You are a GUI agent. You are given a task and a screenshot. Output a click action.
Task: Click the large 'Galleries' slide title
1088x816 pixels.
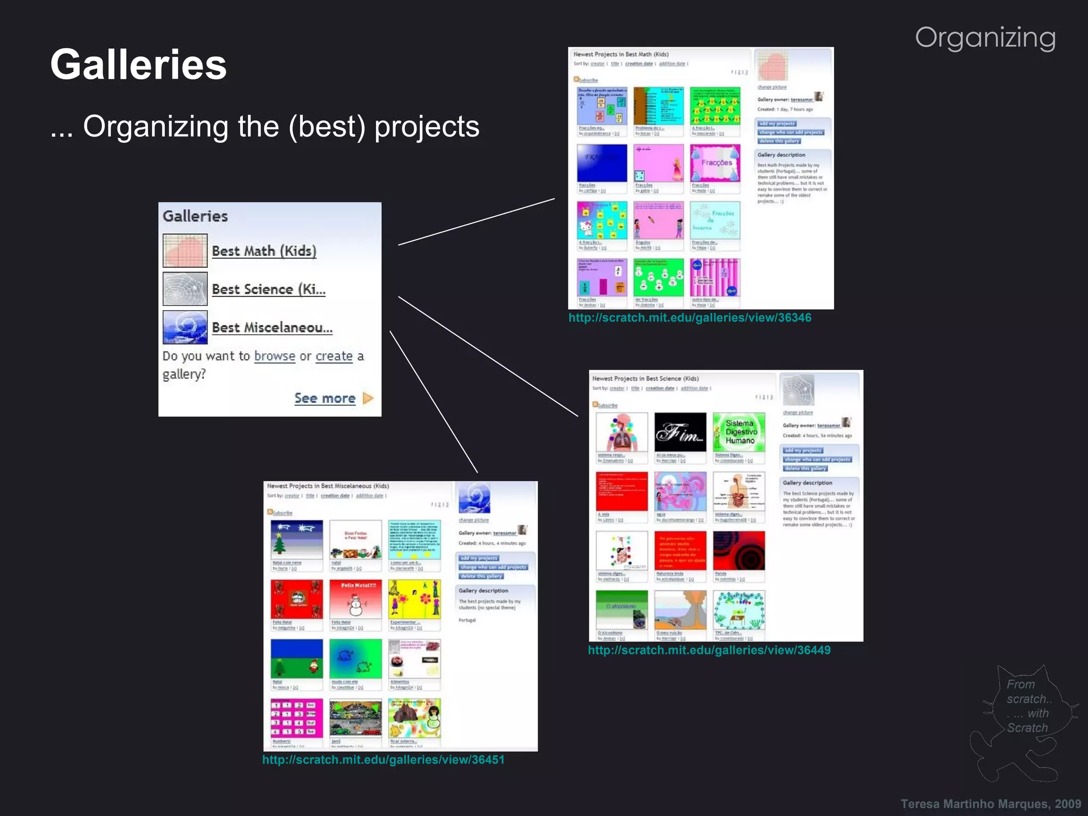tap(138, 65)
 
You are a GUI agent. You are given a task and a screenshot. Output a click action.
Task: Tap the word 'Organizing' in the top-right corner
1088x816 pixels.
tap(985, 38)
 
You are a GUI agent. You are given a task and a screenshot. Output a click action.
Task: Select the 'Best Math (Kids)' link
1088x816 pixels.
tap(264, 251)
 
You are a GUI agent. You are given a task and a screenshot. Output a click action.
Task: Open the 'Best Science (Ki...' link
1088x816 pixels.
tap(268, 290)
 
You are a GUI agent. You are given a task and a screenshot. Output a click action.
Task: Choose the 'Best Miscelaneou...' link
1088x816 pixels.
tap(272, 328)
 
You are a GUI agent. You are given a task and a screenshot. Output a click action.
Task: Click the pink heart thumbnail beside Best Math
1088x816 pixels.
tap(185, 250)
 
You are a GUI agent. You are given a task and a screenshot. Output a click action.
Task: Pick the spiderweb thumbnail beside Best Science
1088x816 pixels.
tap(185, 289)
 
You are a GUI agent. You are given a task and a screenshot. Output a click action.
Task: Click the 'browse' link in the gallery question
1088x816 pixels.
tap(275, 356)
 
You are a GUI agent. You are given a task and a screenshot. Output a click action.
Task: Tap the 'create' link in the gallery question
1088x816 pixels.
tap(334, 356)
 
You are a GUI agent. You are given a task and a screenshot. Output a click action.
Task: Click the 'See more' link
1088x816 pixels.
tap(325, 398)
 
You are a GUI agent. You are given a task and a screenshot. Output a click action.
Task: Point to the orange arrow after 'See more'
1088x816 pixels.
tap(368, 398)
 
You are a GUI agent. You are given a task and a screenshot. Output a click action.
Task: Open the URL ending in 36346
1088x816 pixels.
tap(690, 318)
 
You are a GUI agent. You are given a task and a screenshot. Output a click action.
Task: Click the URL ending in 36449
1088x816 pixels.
tap(709, 650)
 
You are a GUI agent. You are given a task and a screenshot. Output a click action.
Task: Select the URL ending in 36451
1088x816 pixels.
tap(383, 760)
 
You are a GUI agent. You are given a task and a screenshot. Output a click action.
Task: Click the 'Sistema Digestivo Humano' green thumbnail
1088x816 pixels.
tap(738, 432)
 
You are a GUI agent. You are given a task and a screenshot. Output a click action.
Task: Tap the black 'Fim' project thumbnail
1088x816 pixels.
tap(680, 432)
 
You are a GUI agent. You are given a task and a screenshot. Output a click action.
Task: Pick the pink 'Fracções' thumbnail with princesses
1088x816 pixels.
tap(715, 163)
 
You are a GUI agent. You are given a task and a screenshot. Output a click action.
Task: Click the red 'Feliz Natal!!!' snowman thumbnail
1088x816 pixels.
tap(355, 599)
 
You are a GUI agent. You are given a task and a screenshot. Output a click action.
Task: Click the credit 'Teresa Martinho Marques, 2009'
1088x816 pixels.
tap(990, 804)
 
